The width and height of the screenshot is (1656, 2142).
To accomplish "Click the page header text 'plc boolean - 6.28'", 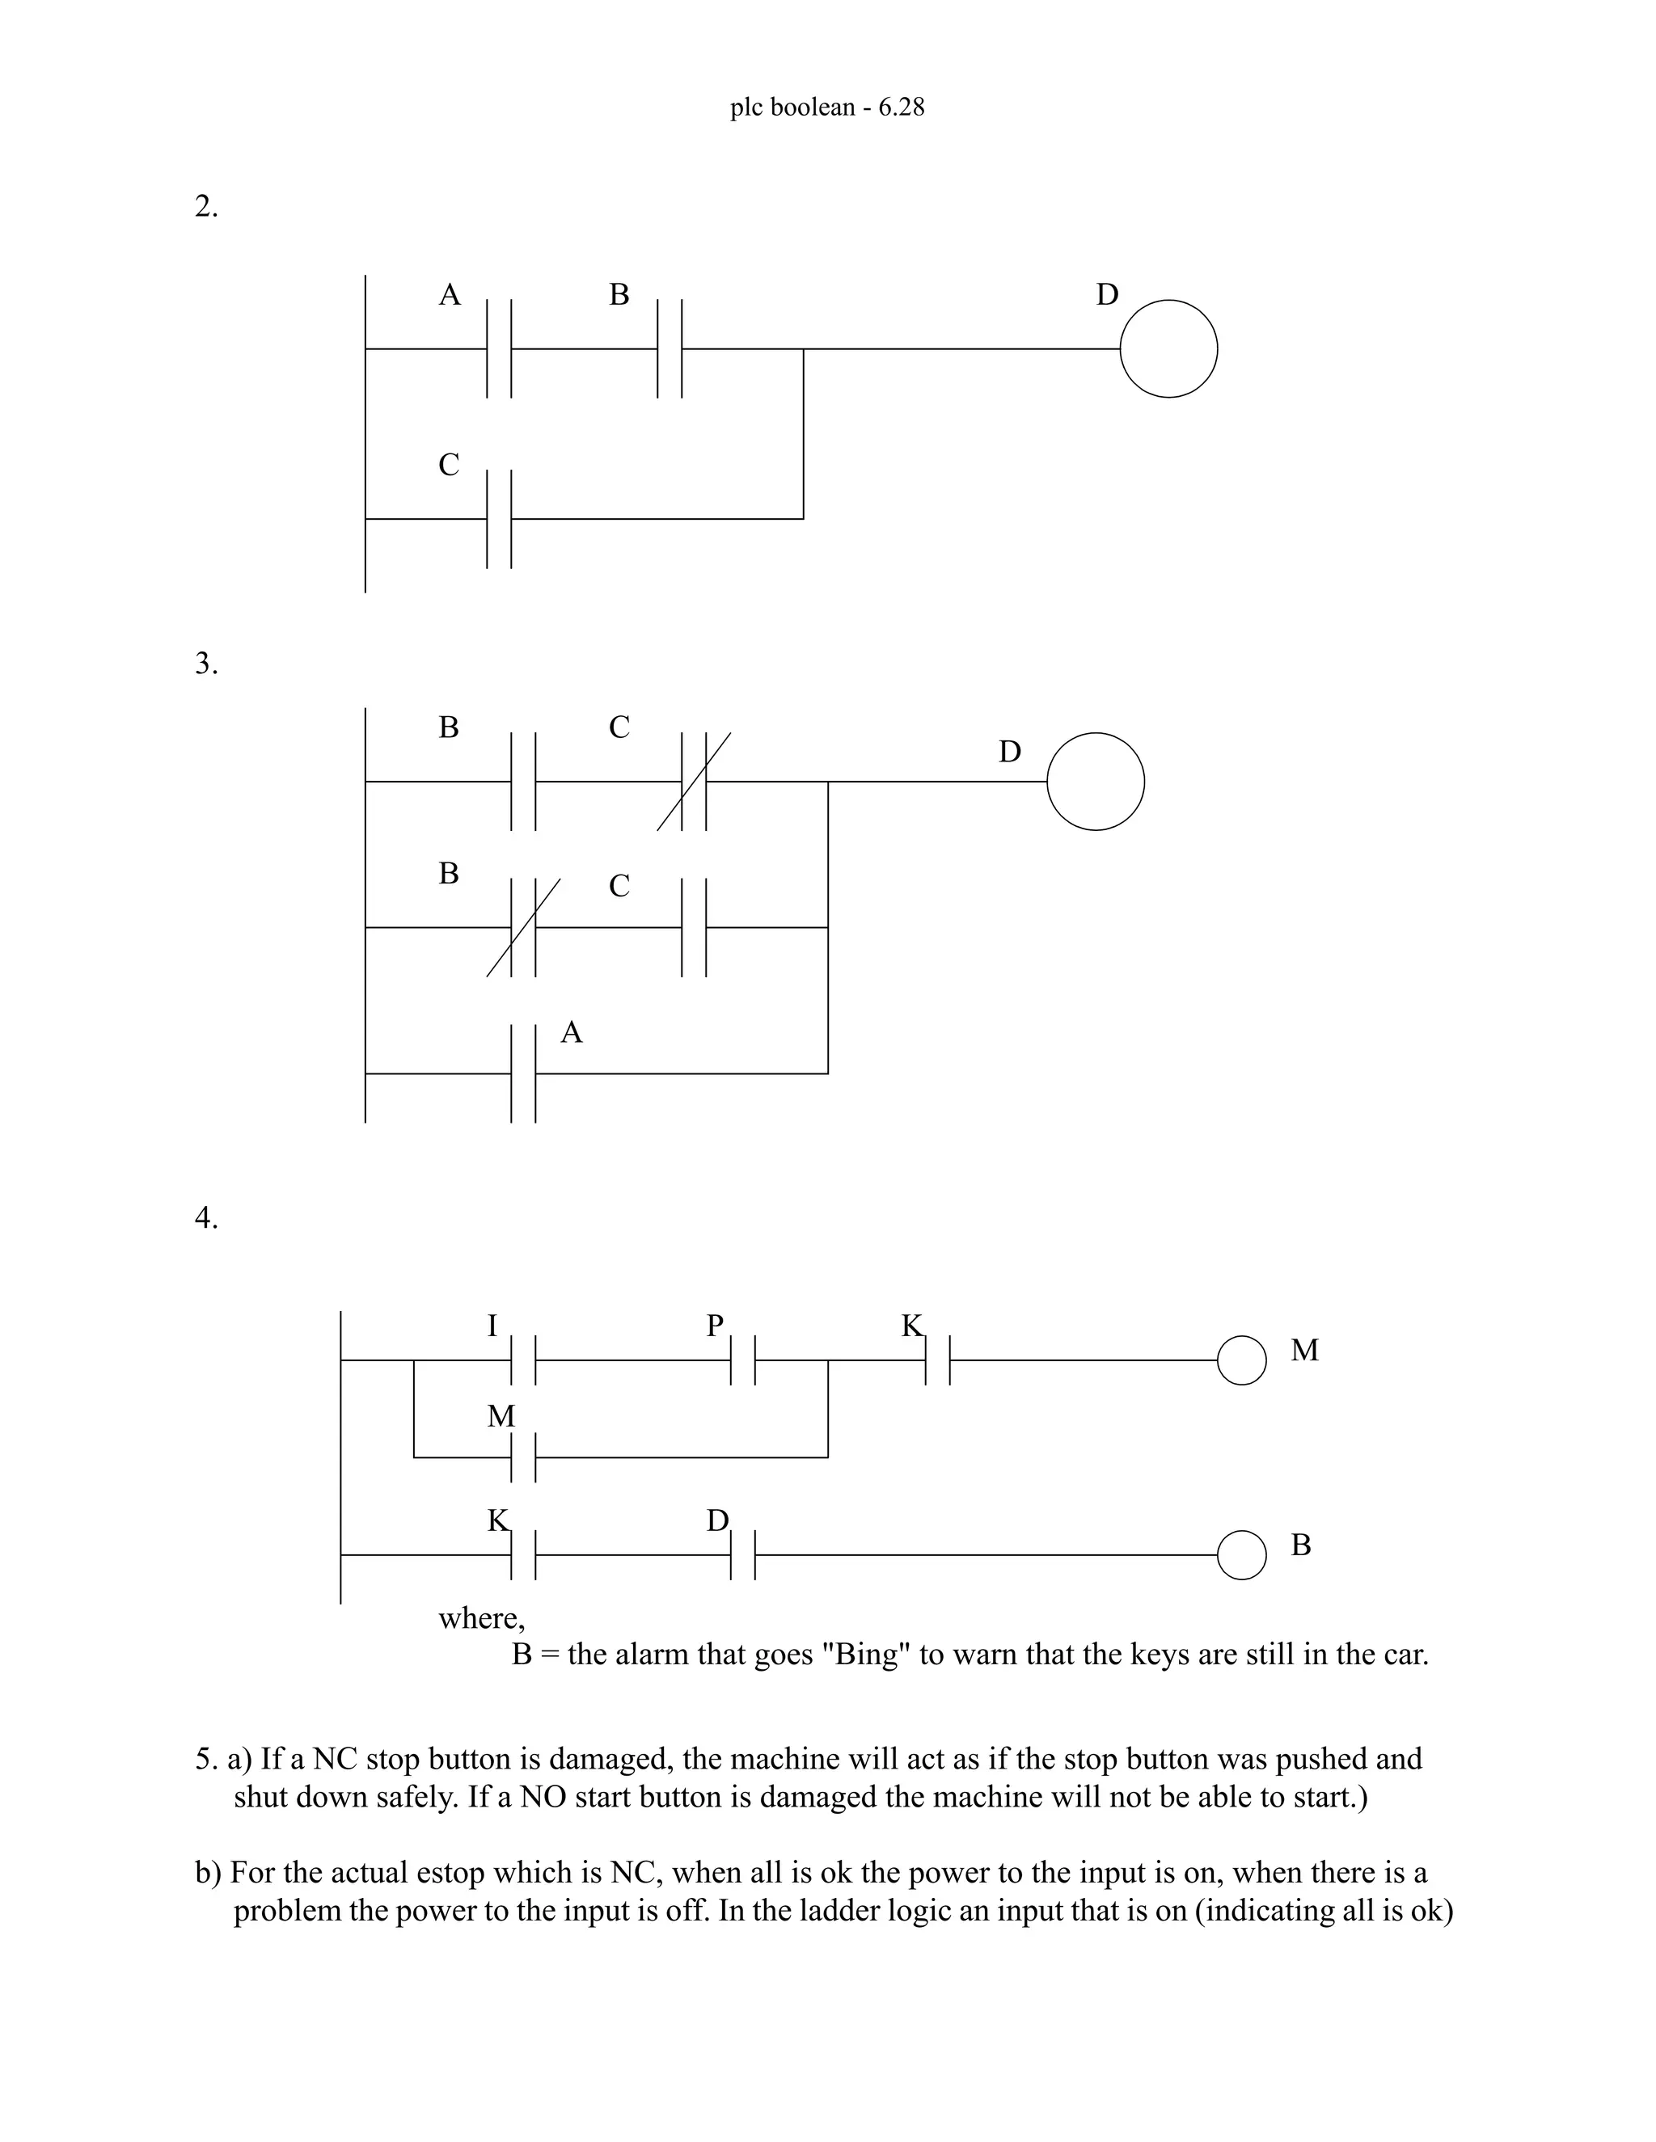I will (827, 107).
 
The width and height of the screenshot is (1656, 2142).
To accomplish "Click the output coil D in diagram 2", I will (1168, 348).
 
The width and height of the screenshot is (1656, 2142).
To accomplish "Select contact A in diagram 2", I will (500, 348).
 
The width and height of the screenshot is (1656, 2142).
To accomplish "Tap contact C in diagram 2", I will (500, 518).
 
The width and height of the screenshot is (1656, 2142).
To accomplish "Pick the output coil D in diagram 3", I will (1095, 782).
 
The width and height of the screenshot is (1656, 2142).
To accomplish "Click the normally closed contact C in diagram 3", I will (695, 782).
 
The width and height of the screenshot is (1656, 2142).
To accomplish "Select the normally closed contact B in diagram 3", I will (524, 927).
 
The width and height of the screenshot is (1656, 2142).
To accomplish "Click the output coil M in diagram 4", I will (1241, 1360).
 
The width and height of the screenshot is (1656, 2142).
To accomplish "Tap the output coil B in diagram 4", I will (1241, 1554).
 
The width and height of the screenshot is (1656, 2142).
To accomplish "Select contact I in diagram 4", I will (524, 1360).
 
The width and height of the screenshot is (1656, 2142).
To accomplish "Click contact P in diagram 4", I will (742, 1360).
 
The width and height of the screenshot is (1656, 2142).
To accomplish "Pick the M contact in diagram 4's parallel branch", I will (524, 1457).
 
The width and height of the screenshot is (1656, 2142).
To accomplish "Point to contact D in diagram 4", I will (742, 1554).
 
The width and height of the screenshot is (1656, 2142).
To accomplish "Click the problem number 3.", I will (206, 664).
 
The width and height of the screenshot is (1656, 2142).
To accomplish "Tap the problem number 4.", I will (206, 1218).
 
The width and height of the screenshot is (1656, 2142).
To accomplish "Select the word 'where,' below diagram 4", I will (481, 1617).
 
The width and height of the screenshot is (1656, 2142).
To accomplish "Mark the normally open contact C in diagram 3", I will (695, 927).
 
